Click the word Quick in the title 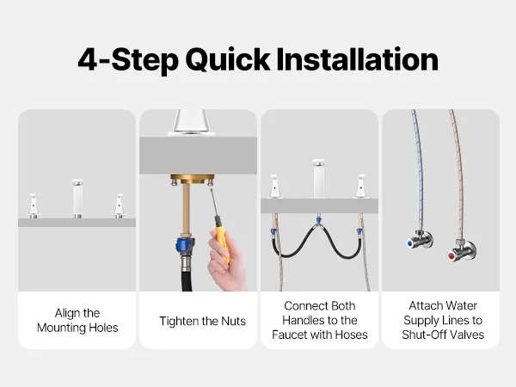228,60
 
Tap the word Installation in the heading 358,59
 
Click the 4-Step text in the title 129,60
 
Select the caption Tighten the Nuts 202,321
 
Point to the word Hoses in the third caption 351,335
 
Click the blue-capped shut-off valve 420,239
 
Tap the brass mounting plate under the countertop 192,179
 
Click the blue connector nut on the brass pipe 184,244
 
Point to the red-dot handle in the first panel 33,206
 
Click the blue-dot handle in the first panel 119,206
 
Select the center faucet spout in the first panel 77,199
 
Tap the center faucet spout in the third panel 318,179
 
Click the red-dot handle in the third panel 275,187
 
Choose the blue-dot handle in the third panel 361,187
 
